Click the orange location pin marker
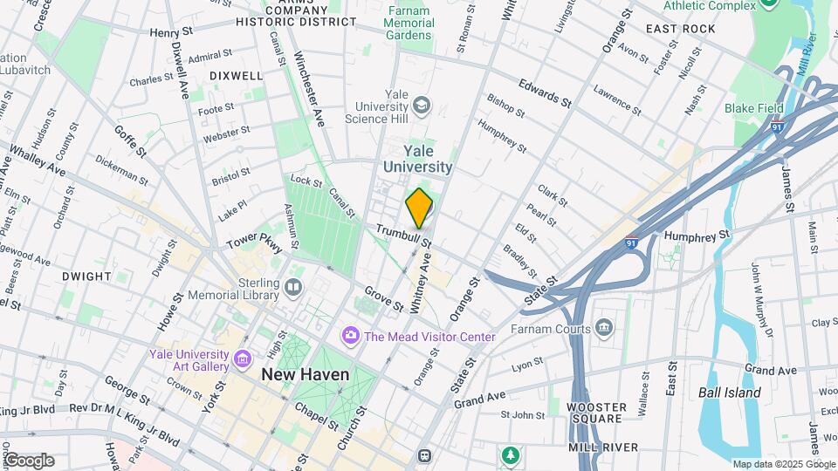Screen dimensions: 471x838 419,208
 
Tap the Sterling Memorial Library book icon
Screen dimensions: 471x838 293,287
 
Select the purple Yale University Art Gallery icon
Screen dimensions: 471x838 243,358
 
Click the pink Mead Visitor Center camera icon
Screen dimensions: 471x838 351,336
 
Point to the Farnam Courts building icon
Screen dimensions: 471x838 604,328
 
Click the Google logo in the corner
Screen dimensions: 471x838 28,461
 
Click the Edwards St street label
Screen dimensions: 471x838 544,94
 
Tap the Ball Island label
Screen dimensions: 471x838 730,392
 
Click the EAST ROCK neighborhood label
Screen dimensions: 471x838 681,29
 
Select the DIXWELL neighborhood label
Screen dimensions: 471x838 236,76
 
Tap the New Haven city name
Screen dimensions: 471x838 306,374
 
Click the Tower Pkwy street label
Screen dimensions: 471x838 255,242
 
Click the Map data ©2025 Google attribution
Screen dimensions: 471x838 783,464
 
